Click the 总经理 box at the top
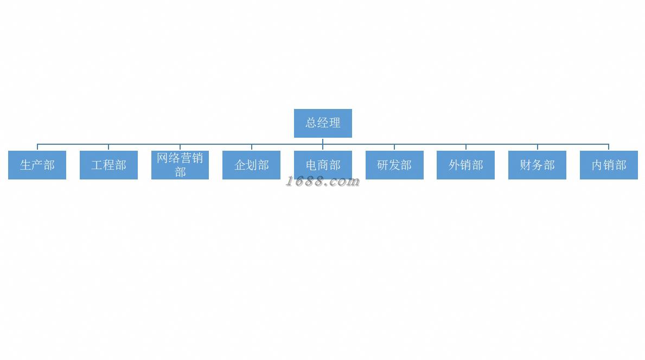point(323,123)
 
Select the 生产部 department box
point(37,165)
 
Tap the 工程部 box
point(108,165)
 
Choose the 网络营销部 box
point(180,165)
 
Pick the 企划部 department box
point(251,165)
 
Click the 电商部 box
point(323,165)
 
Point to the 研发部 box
point(394,165)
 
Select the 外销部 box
point(465,165)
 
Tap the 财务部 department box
point(537,165)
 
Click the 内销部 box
point(609,165)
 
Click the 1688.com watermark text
point(323,182)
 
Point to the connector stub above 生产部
point(37,147)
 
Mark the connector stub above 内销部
point(609,147)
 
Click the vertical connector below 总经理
point(323,141)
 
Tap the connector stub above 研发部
point(394,147)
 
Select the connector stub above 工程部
point(108,147)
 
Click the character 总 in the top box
point(311,123)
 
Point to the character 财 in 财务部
point(526,165)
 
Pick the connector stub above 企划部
point(252,147)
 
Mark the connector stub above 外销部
point(466,147)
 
